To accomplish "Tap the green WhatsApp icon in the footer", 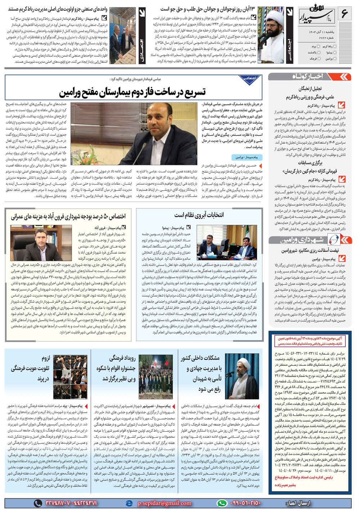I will (221, 503).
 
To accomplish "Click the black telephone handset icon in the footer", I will (37, 503).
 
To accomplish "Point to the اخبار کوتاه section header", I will (308, 76).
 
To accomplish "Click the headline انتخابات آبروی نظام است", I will (199, 215).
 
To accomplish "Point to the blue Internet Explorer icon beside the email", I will (128, 503).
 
